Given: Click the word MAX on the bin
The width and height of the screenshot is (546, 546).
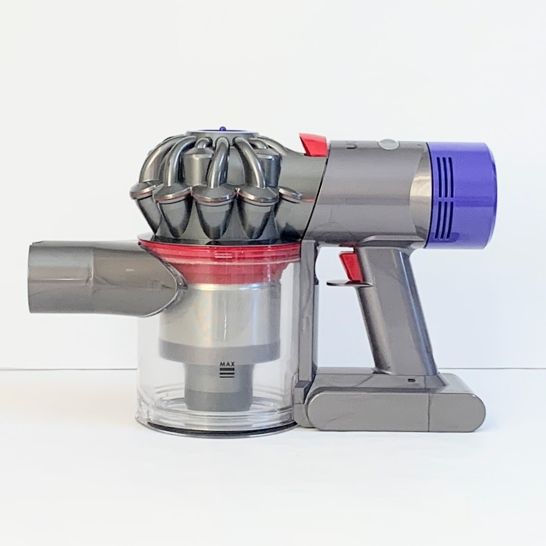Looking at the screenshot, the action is pos(227,364).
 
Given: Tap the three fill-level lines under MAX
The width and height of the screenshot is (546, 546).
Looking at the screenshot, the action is pos(227,374).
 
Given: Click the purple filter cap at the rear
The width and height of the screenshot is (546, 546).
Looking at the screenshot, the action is pos(462,196).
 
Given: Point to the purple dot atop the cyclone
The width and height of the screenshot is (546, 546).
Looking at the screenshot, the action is pos(221,129).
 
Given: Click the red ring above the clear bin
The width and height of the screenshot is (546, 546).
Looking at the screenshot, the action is pos(219,257).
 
